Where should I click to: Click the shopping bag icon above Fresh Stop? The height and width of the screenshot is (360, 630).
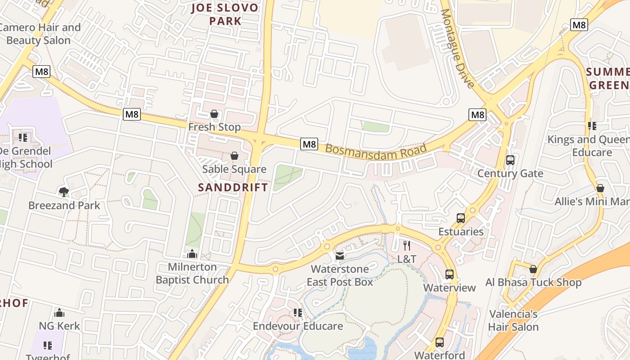(215, 114)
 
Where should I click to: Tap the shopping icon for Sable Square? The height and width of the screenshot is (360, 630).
(234, 156)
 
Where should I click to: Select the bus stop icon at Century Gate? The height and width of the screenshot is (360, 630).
(510, 160)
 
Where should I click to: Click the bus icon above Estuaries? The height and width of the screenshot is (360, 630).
(461, 218)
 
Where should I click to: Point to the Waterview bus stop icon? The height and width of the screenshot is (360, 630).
(449, 274)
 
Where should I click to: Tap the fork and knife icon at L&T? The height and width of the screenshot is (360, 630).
(407, 246)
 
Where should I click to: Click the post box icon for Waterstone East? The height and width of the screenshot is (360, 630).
(340, 256)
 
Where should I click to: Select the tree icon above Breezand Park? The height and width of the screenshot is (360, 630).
(64, 192)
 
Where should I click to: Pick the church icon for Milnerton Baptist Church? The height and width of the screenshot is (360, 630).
(192, 254)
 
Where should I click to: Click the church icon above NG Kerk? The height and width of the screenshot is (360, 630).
(59, 313)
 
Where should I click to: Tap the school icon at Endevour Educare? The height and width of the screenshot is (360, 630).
(297, 313)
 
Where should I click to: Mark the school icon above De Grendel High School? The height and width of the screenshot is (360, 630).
(23, 137)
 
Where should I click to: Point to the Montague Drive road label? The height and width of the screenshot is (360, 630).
(457, 49)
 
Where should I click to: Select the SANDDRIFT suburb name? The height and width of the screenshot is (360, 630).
(233, 188)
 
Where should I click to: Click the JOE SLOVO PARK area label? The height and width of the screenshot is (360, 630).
(225, 14)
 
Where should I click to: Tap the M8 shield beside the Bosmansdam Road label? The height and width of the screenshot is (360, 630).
(309, 144)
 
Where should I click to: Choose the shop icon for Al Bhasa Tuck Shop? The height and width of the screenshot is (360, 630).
(533, 270)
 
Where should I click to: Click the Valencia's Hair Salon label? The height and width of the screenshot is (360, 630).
(513, 320)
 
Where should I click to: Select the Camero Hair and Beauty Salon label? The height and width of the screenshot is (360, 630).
(40, 34)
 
